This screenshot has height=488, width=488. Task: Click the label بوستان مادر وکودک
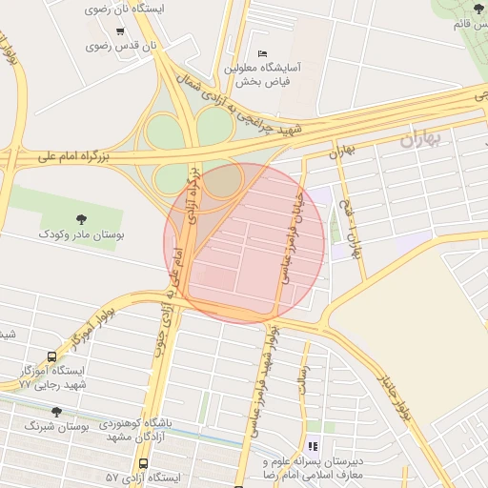tap(80, 233)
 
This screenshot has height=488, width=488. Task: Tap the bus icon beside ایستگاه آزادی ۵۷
tap(143, 464)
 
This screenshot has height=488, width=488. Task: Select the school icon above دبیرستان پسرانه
tap(312, 445)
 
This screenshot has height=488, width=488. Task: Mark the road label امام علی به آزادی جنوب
tap(174, 281)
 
